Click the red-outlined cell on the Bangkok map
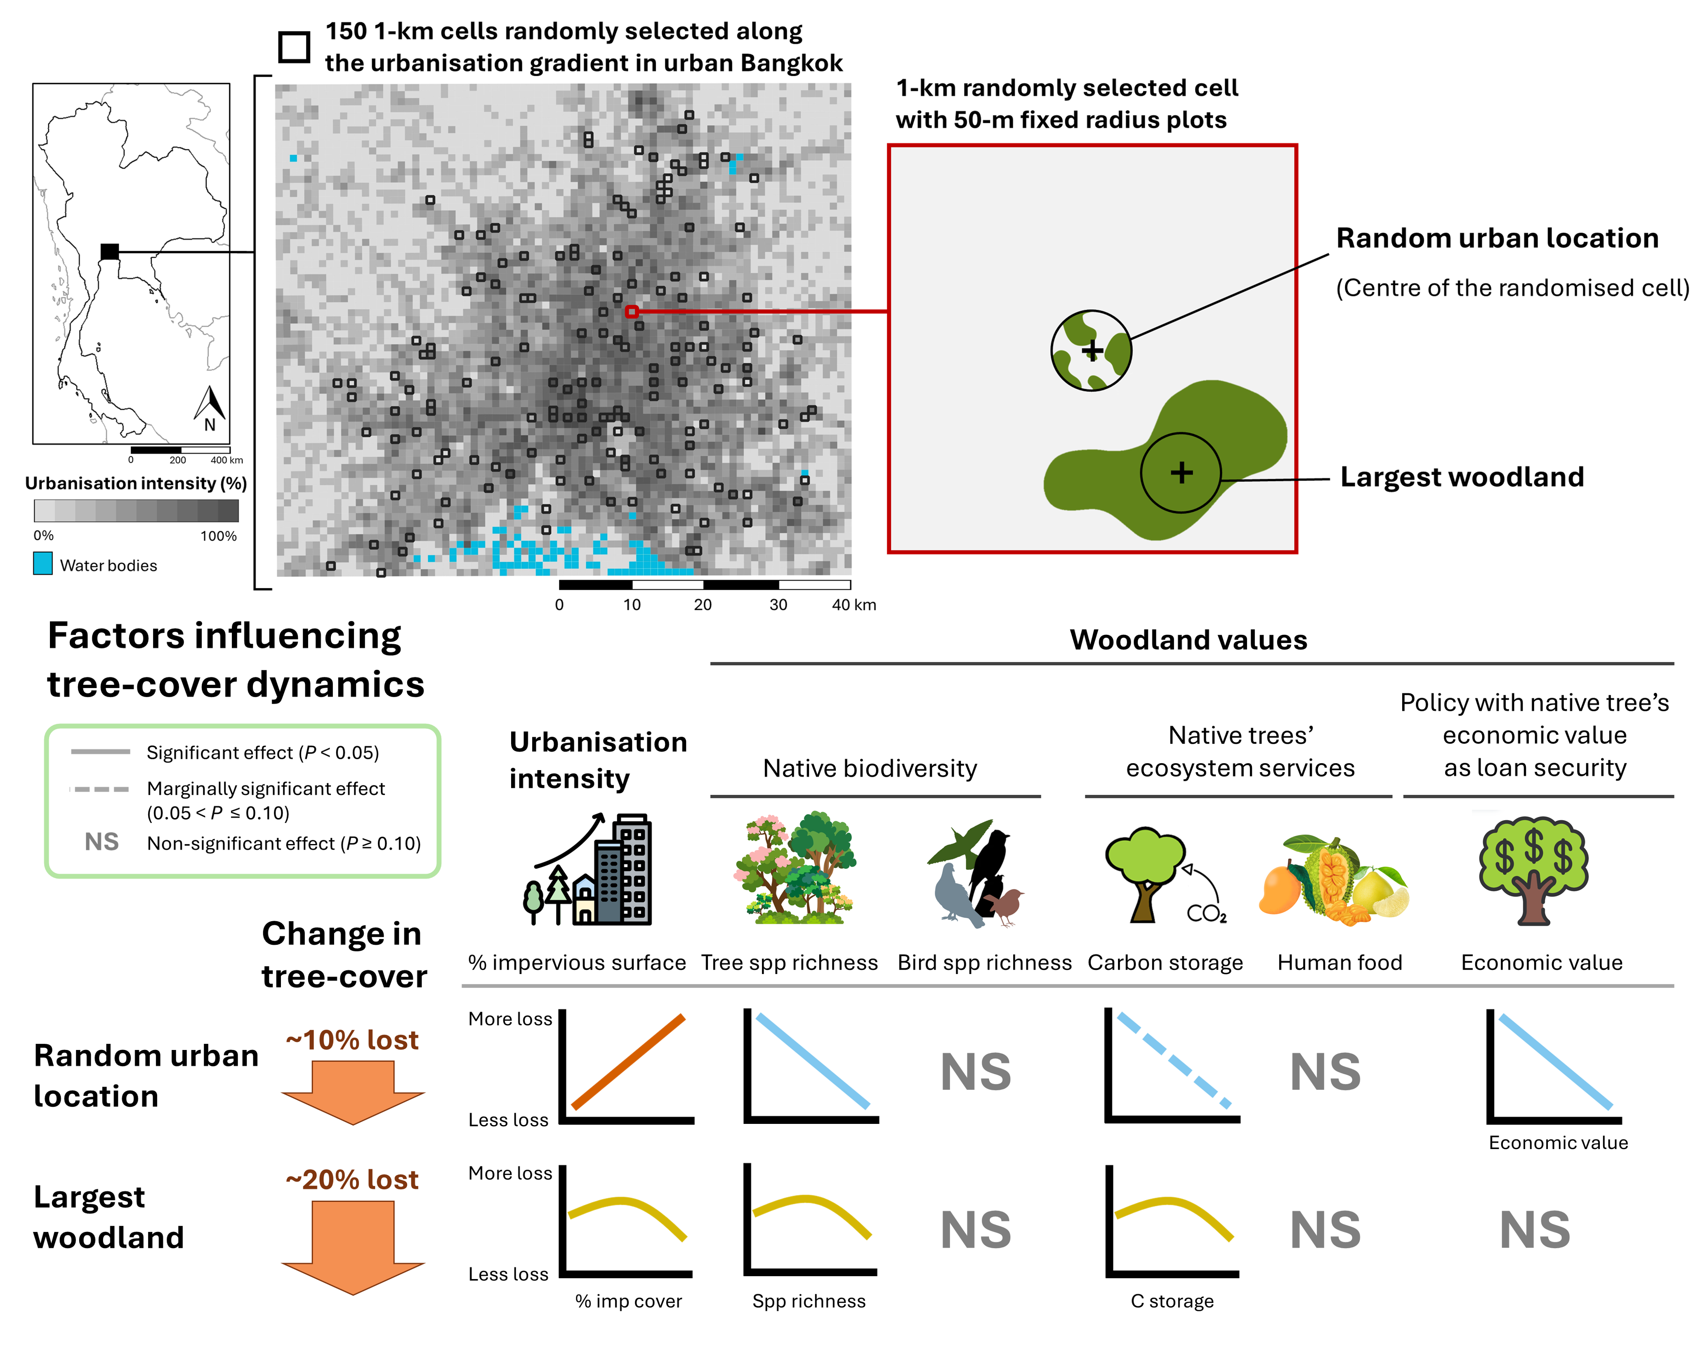coord(631,312)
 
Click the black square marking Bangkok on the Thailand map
coord(110,251)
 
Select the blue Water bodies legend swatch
coord(43,563)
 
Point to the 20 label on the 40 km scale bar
coord(702,605)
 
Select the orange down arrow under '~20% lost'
coord(353,1246)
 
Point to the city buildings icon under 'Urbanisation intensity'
coord(589,870)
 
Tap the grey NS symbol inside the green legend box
coord(102,842)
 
